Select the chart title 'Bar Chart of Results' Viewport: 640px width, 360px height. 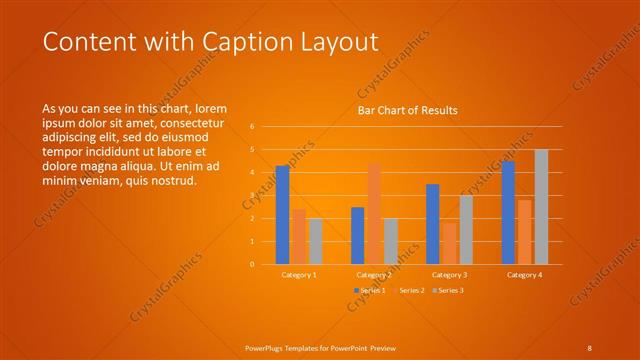click(408, 111)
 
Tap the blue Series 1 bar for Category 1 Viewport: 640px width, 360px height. click(283, 214)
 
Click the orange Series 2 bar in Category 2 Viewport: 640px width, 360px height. click(374, 214)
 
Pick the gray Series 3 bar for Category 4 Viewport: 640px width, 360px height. click(541, 207)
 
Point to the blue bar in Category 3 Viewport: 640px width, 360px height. click(433, 224)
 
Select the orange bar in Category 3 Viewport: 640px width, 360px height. click(449, 243)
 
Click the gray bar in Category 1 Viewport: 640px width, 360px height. click(316, 241)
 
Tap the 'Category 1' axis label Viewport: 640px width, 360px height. click(299, 274)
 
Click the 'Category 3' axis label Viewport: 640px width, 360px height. click(449, 274)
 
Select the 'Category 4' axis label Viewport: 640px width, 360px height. click(524, 274)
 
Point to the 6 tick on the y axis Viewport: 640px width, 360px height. click(252, 127)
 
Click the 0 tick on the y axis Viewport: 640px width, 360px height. click(252, 264)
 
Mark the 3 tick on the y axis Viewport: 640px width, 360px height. click(252, 196)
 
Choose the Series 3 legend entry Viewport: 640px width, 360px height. click(447, 290)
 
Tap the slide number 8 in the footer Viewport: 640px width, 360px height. click(589, 347)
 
